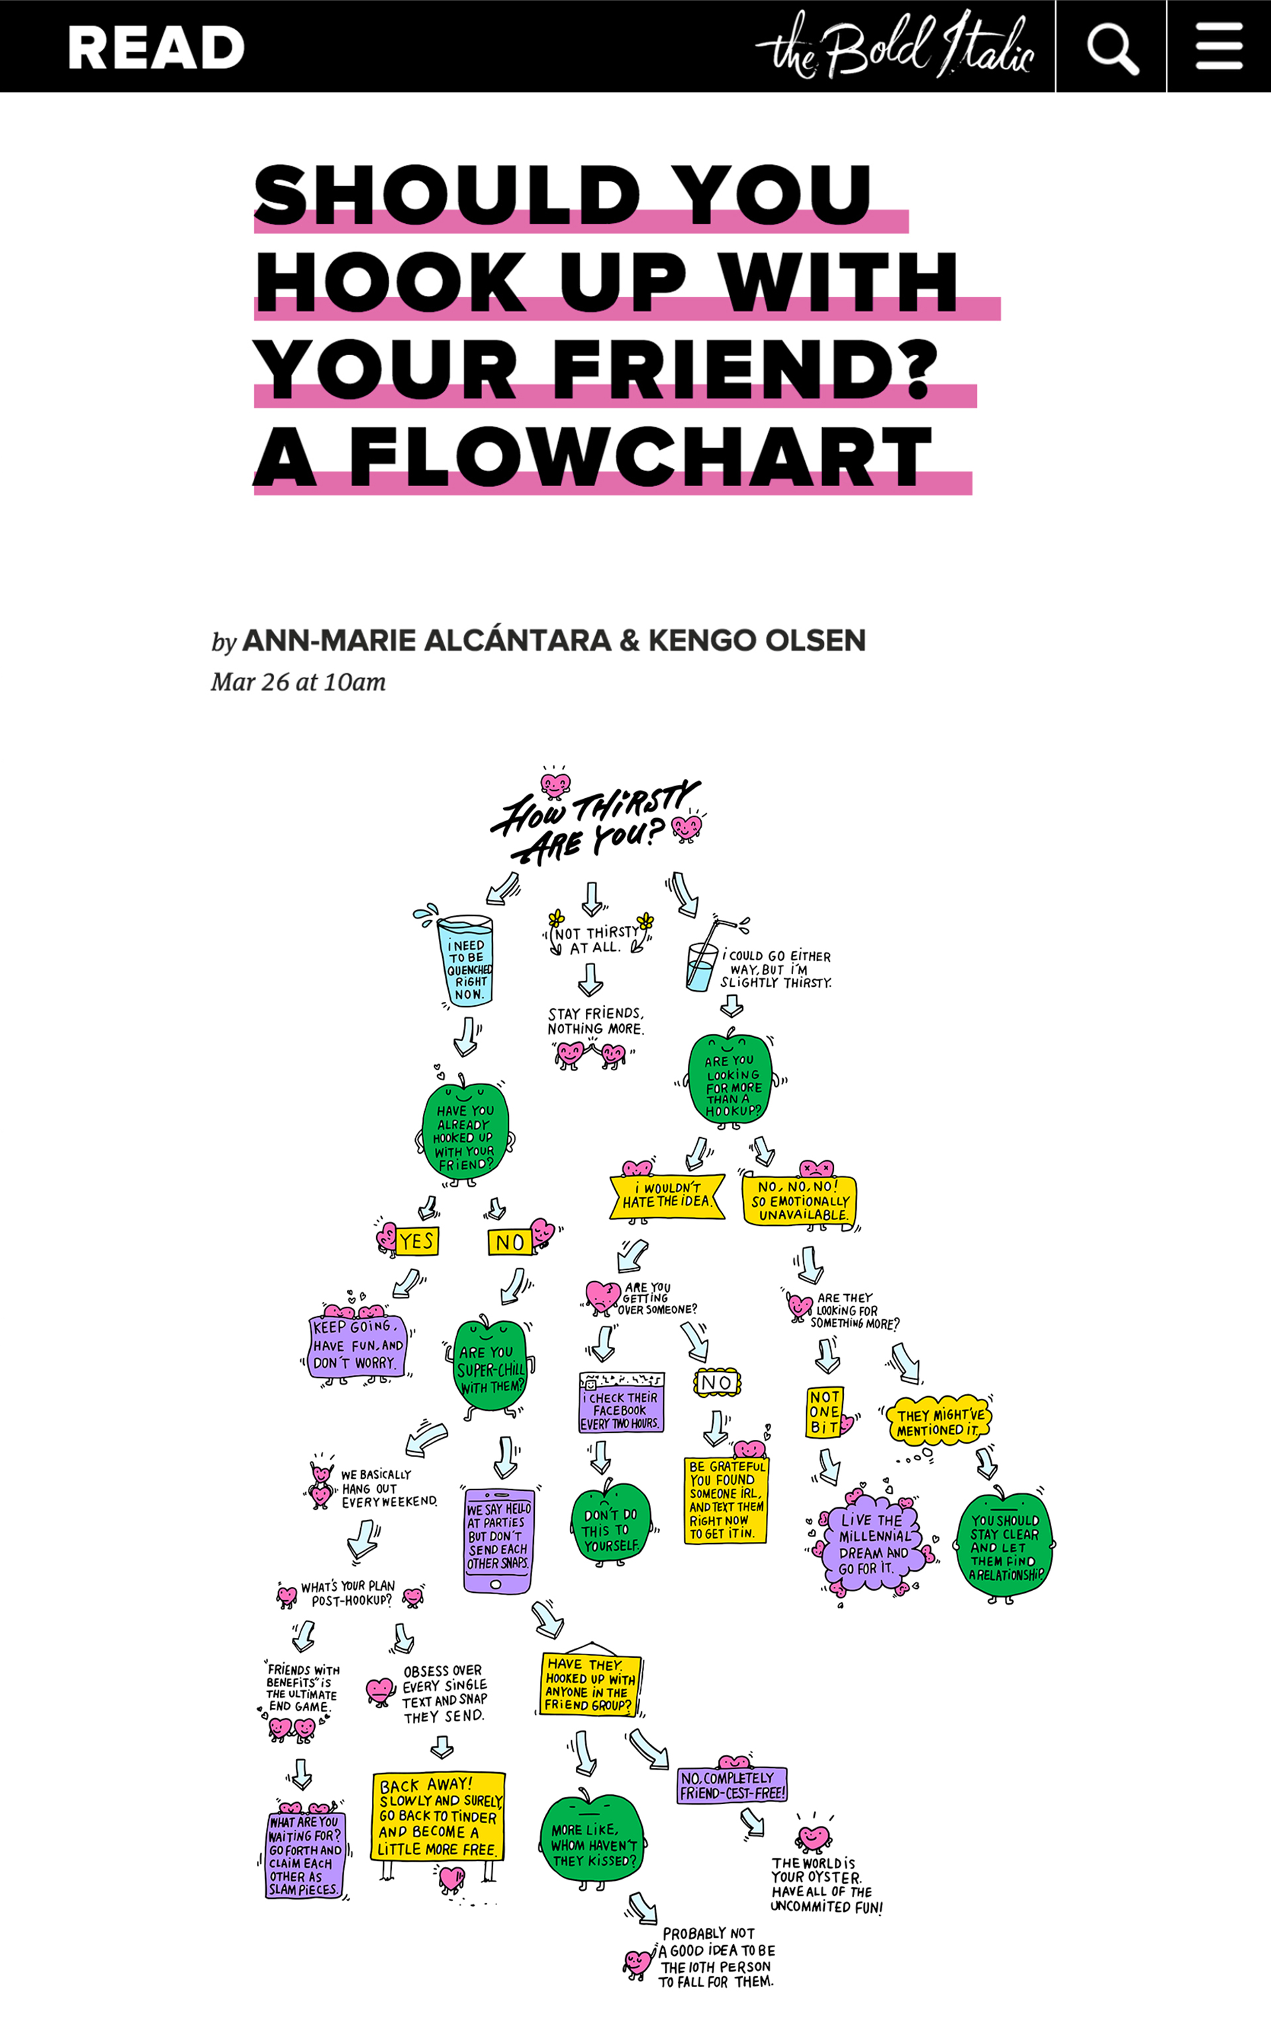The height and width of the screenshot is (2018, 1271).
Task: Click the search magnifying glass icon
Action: pyautogui.click(x=1112, y=47)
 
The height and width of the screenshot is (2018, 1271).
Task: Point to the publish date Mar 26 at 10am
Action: pyautogui.click(x=299, y=682)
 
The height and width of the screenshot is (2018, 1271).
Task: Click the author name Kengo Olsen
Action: pyautogui.click(x=757, y=640)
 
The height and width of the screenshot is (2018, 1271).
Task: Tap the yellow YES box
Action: pyautogui.click(x=416, y=1241)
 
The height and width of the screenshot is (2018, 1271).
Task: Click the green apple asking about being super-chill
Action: pyautogui.click(x=491, y=1368)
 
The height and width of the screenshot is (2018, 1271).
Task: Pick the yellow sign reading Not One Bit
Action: pyautogui.click(x=824, y=1412)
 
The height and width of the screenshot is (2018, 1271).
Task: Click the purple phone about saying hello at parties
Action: pyautogui.click(x=498, y=1540)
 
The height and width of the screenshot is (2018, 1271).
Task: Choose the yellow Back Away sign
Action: pyautogui.click(x=438, y=1817)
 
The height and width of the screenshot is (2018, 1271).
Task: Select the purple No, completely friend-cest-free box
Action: pyautogui.click(x=732, y=1785)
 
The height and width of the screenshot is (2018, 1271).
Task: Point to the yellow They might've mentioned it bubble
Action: pyautogui.click(x=939, y=1421)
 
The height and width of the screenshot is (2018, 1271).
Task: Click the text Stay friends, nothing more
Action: pyautogui.click(x=596, y=1021)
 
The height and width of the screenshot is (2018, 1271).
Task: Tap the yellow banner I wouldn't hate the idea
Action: pyautogui.click(x=667, y=1196)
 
